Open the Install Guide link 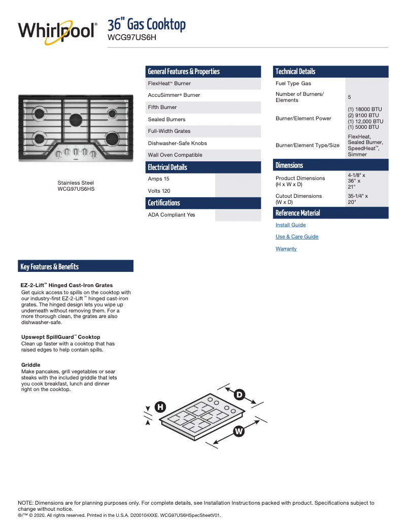290,225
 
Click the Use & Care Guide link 297,236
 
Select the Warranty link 286,249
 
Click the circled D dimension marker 239,394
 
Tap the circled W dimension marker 239,431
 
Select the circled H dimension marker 160,407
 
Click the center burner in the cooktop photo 76,119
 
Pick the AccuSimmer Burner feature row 174,95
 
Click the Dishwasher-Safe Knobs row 177,143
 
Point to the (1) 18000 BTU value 364,110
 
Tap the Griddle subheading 31,365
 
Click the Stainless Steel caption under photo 76,183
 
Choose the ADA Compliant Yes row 172,215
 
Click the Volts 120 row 159,191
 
